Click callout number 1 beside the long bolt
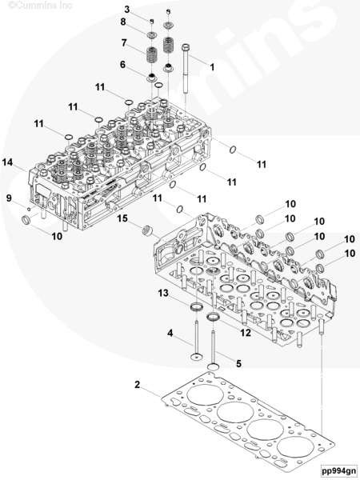(212, 67)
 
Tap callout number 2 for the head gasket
(137, 385)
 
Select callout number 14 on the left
(7, 162)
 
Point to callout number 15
(122, 218)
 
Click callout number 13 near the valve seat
(163, 293)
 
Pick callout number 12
(246, 333)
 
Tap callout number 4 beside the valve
(170, 333)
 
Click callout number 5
(238, 363)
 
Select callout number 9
(9, 198)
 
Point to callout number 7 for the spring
(124, 42)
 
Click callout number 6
(122, 65)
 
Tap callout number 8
(123, 22)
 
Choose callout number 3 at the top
(127, 9)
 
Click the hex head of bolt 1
(186, 47)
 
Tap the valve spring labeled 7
(152, 54)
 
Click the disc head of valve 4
(196, 357)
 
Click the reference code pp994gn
(339, 470)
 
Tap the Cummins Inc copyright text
(40, 6)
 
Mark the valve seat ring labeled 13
(196, 306)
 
